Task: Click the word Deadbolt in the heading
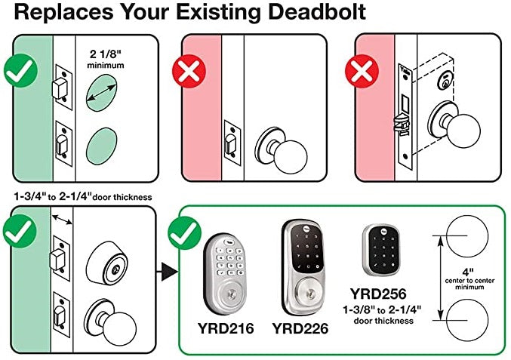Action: click(x=317, y=12)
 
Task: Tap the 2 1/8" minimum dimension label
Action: click(x=105, y=59)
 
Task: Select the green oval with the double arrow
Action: click(x=101, y=93)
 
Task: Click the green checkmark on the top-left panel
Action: click(x=21, y=71)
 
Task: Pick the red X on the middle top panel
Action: click(x=189, y=72)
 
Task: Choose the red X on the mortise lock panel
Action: click(x=362, y=72)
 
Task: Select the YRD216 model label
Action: click(x=226, y=328)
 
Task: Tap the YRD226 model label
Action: click(x=300, y=328)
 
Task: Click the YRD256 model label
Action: click(x=378, y=294)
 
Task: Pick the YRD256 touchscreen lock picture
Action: click(x=381, y=249)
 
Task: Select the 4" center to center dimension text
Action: click(x=469, y=279)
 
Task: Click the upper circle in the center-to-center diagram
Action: click(x=467, y=235)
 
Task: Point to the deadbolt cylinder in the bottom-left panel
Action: click(x=107, y=263)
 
